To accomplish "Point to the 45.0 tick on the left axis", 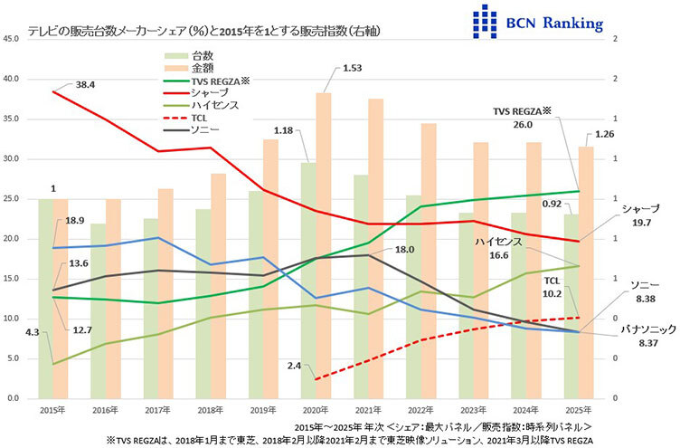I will pyautogui.click(x=12, y=39).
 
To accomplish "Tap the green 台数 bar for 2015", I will pyautogui.click(x=45, y=299).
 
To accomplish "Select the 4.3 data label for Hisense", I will pyautogui.click(x=33, y=333).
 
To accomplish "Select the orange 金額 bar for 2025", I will pyautogui.click(x=586, y=272).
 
